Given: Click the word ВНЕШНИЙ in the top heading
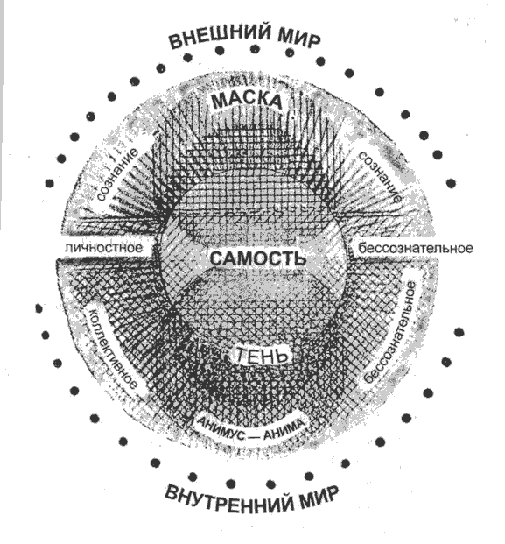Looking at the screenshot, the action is pyautogui.click(x=220, y=36).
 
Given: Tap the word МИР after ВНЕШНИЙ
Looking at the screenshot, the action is pyautogui.click(x=299, y=38).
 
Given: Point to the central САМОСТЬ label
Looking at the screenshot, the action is pyautogui.click(x=258, y=258).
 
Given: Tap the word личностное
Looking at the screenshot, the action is pyautogui.click(x=104, y=248).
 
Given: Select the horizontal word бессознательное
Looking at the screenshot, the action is pyautogui.click(x=416, y=249).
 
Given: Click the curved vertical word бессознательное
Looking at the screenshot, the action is pyautogui.click(x=392, y=333).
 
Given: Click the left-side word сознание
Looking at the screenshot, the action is pyautogui.click(x=116, y=174).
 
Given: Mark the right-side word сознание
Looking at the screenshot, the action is pyautogui.click(x=380, y=177).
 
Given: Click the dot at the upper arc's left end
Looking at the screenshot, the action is pyautogui.click(x=50, y=183).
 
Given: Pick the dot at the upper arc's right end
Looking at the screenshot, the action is pyautogui.click(x=451, y=183).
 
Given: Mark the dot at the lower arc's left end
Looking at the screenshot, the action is pyautogui.click(x=39, y=308).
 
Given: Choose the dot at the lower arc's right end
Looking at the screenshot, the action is pyautogui.click(x=459, y=332).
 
